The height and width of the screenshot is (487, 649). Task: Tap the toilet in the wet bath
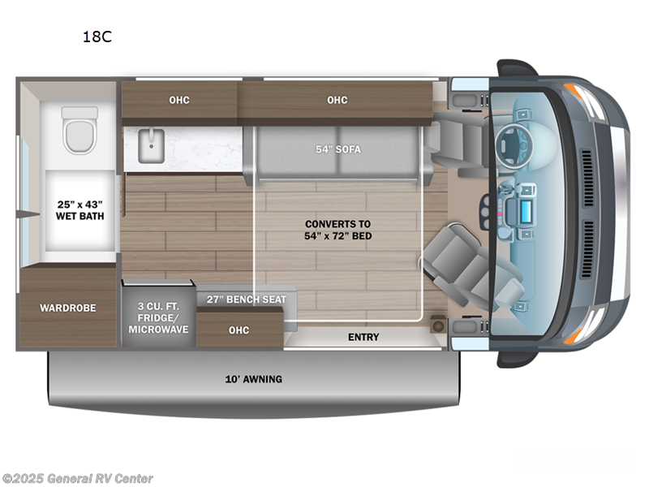pos(80,130)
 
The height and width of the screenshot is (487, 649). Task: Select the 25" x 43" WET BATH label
pos(80,210)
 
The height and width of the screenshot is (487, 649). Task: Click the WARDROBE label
pos(68,308)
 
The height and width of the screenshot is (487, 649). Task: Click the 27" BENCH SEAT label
pos(247,300)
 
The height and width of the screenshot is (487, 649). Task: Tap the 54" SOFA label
pos(337,149)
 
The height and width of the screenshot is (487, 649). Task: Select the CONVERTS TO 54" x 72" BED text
pos(337,230)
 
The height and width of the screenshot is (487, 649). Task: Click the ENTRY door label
pos(363,337)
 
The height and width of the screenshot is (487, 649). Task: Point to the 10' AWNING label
pos(253,379)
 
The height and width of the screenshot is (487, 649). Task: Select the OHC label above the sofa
pos(337,100)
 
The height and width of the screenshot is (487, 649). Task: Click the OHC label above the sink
pos(179,100)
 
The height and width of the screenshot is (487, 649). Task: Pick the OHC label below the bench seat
pos(239,330)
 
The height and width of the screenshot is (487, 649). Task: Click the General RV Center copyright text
pos(78,479)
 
